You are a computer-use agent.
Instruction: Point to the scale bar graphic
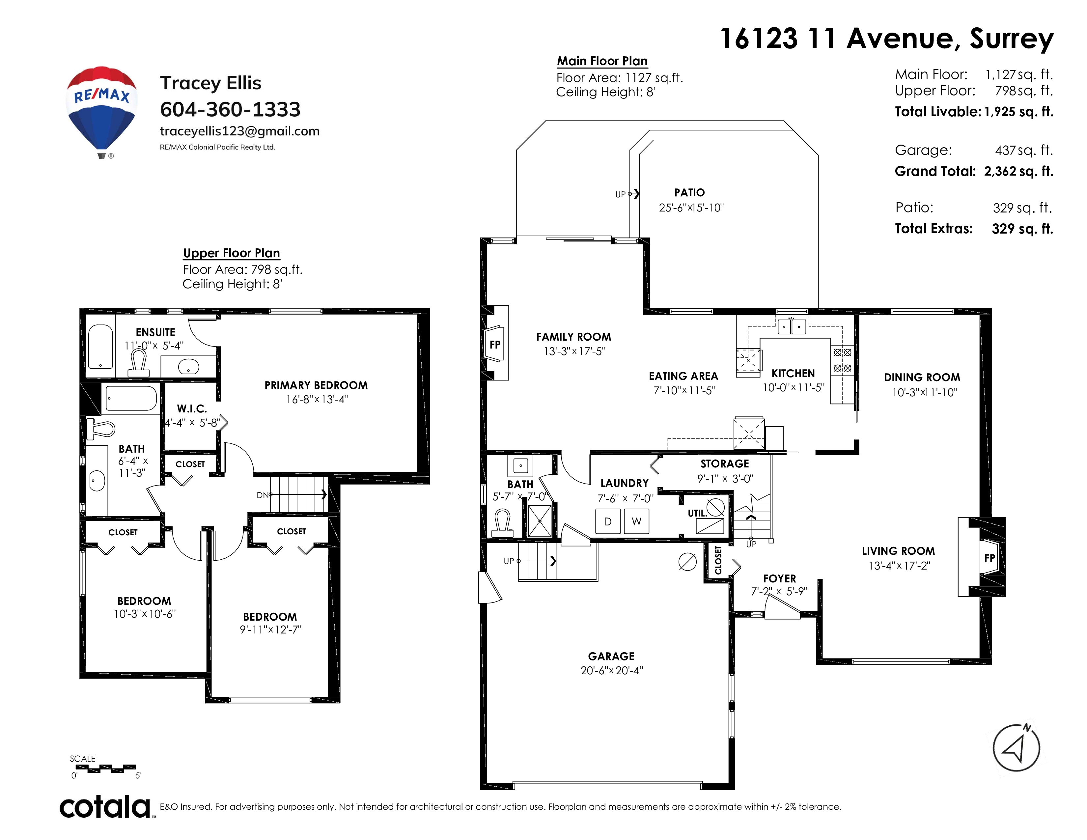point(105,769)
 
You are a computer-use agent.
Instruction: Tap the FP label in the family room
point(495,344)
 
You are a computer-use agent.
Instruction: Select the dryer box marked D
point(608,521)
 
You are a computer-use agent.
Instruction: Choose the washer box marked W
point(637,521)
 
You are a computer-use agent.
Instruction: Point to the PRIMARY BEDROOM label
point(316,385)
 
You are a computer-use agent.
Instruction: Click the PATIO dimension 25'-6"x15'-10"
point(691,208)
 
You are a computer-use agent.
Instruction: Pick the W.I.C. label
point(192,408)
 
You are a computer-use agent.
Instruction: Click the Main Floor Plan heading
point(602,61)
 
